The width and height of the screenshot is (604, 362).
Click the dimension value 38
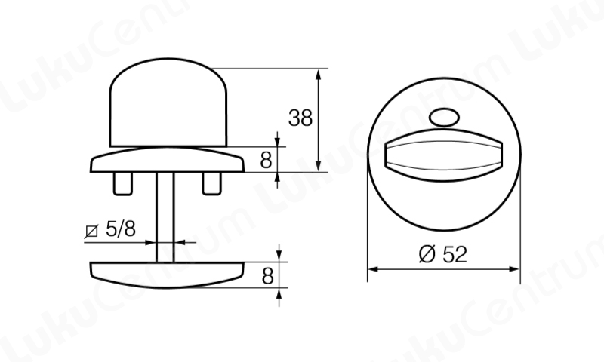click(x=300, y=118)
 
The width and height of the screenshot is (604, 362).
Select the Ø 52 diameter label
click(x=443, y=254)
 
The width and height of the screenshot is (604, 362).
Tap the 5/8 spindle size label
click(x=121, y=229)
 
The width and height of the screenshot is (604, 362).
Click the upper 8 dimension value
click(x=266, y=160)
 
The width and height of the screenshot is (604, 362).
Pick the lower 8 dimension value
click(x=267, y=276)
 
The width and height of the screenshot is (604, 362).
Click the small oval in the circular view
click(x=444, y=118)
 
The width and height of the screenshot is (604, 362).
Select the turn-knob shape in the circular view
click(x=444, y=155)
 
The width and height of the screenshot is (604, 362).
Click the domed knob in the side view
click(x=168, y=103)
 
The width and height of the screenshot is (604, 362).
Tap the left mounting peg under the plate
click(x=123, y=183)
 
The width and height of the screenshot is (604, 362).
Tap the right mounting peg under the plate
click(x=212, y=183)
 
